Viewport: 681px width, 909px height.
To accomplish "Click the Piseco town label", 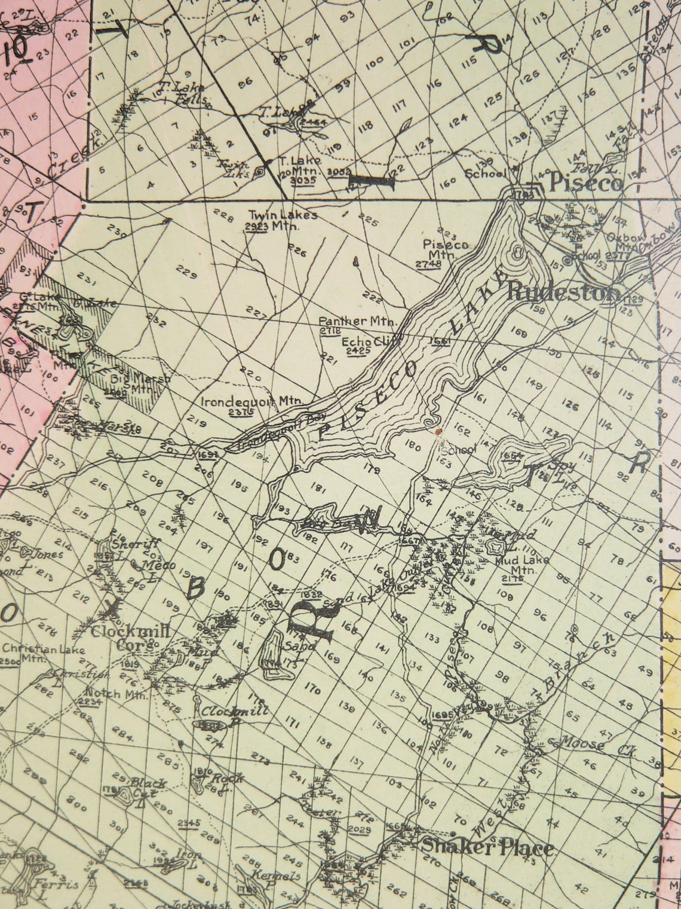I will (585, 182).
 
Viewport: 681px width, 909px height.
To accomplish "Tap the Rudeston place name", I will (563, 292).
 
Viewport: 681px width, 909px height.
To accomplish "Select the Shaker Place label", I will (487, 847).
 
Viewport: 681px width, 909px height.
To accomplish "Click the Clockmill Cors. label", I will (130, 637).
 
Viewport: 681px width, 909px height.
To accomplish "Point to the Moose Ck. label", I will (597, 745).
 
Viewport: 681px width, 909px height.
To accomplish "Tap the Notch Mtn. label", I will (117, 696).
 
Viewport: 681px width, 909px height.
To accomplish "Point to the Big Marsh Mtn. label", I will (133, 383).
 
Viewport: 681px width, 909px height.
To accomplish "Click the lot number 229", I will (186, 274).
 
